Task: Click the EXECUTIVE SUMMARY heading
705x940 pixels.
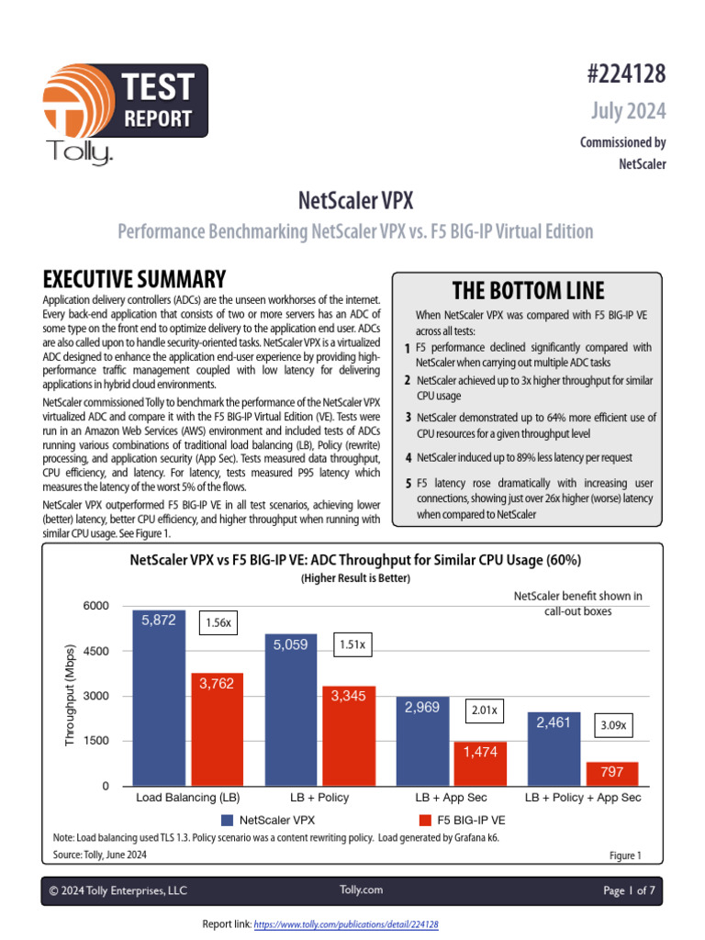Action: tap(134, 279)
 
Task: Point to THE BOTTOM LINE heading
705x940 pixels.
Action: tap(528, 291)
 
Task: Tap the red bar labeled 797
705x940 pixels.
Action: tap(611, 773)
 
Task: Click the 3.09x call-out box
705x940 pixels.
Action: tap(611, 724)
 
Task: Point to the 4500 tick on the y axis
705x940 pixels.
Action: tap(95, 651)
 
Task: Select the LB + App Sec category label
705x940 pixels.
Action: tap(451, 798)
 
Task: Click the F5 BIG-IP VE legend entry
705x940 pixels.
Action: tap(464, 818)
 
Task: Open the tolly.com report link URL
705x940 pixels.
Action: tap(345, 924)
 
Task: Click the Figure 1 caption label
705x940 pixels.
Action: tap(625, 856)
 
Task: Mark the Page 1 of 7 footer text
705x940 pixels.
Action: tap(626, 890)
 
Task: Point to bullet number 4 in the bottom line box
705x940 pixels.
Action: tap(408, 457)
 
